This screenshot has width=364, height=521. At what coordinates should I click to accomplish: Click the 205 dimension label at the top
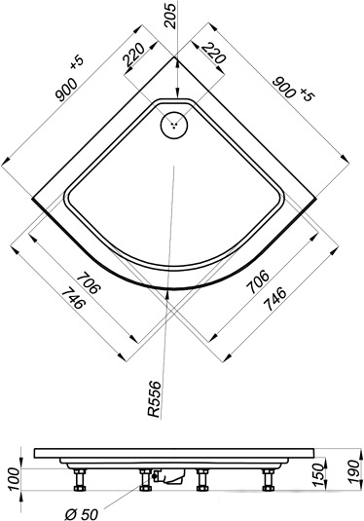[x=172, y=16]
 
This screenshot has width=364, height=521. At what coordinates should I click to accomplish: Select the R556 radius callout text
[x=154, y=398]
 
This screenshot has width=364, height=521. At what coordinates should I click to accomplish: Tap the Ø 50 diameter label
[x=82, y=515]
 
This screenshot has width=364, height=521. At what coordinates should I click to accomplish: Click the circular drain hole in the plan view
[x=174, y=126]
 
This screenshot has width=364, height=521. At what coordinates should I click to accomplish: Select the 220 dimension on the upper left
[x=134, y=55]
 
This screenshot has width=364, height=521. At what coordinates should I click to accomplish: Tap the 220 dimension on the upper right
[x=214, y=53]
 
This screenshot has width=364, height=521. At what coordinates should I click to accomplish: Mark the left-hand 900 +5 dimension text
[x=69, y=80]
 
